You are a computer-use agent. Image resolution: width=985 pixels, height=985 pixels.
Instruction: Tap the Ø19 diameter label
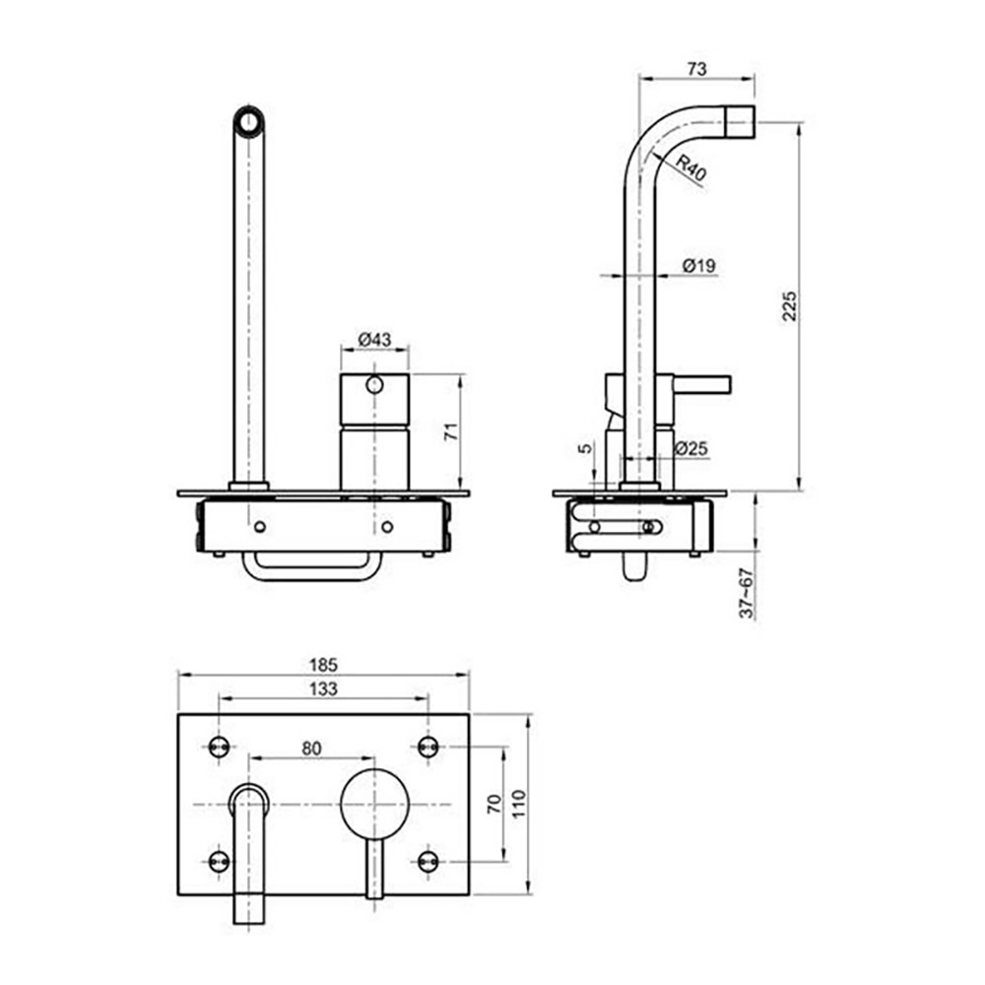699,264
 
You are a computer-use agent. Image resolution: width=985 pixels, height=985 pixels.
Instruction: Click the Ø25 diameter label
692,449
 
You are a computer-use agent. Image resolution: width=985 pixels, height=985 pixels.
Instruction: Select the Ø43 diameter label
374,339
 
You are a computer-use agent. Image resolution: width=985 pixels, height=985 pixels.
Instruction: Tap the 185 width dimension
323,665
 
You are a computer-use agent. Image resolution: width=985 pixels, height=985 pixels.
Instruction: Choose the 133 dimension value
322,689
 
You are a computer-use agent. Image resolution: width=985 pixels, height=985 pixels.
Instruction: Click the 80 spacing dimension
311,748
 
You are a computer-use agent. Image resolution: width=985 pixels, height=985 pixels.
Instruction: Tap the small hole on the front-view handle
374,385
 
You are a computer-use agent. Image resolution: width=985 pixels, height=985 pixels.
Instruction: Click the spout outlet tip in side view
741,122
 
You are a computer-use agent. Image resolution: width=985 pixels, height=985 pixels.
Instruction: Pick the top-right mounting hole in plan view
427,748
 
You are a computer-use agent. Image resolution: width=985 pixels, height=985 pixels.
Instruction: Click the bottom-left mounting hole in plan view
219,861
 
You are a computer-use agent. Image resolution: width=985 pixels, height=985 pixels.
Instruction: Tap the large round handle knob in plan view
374,805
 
